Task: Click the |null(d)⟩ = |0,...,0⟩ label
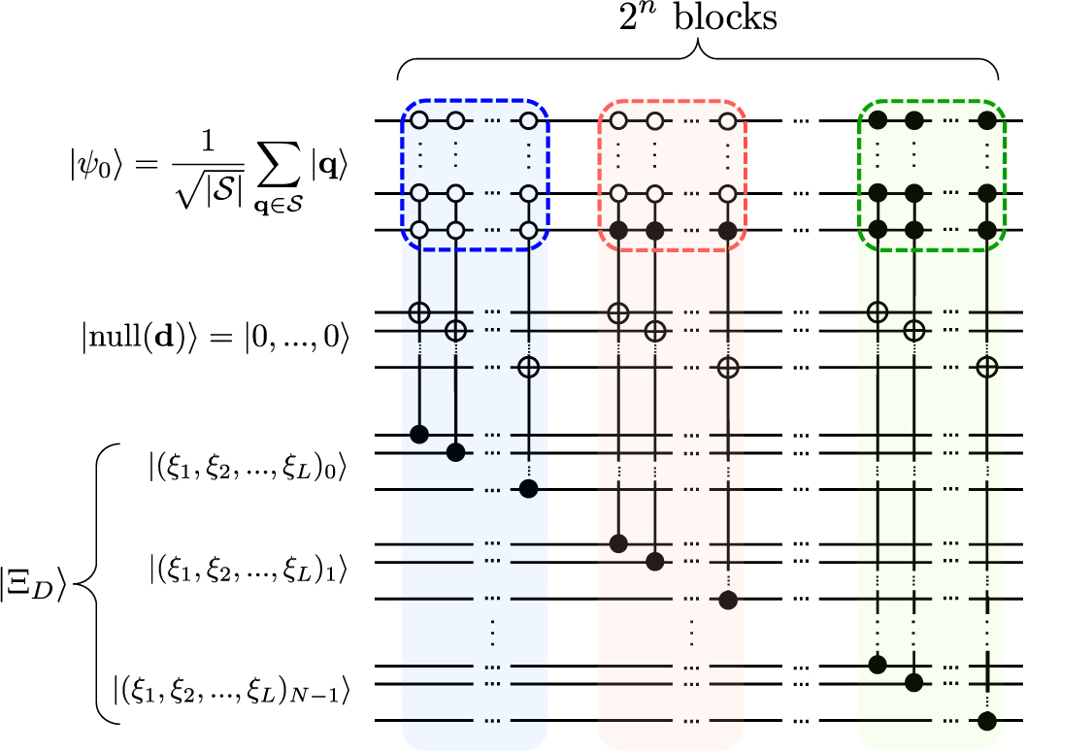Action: [x=215, y=339]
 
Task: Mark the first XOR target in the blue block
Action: [x=419, y=312]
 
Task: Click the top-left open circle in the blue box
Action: [x=419, y=121]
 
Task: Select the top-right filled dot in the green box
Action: [x=987, y=121]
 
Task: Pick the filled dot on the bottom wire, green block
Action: [x=987, y=721]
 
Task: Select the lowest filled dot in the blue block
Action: [x=528, y=488]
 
